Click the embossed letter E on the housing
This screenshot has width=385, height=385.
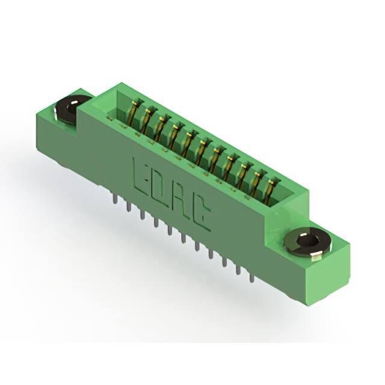140,176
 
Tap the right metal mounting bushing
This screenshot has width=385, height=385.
309,242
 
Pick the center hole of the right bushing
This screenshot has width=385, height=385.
309,240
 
